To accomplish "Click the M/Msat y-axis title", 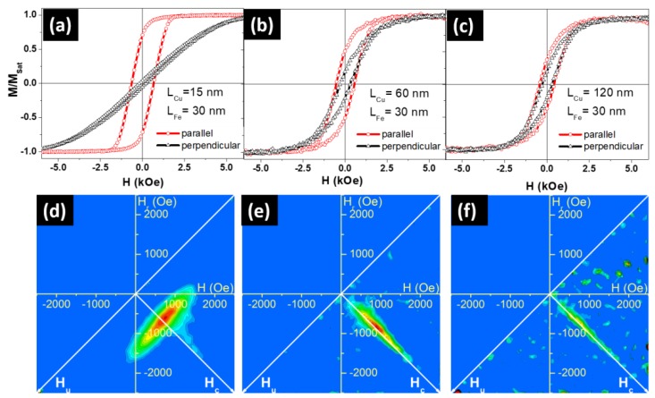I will [x=11, y=82].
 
